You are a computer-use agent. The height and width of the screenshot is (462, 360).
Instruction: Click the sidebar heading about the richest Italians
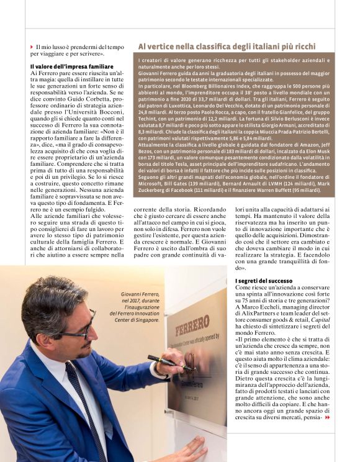pyautogui.click(x=227, y=47)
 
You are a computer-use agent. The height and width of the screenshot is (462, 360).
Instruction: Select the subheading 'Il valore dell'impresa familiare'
pyautogui.click(x=71, y=66)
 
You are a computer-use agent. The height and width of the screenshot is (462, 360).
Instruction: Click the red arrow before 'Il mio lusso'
pyautogui.click(x=32, y=47)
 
